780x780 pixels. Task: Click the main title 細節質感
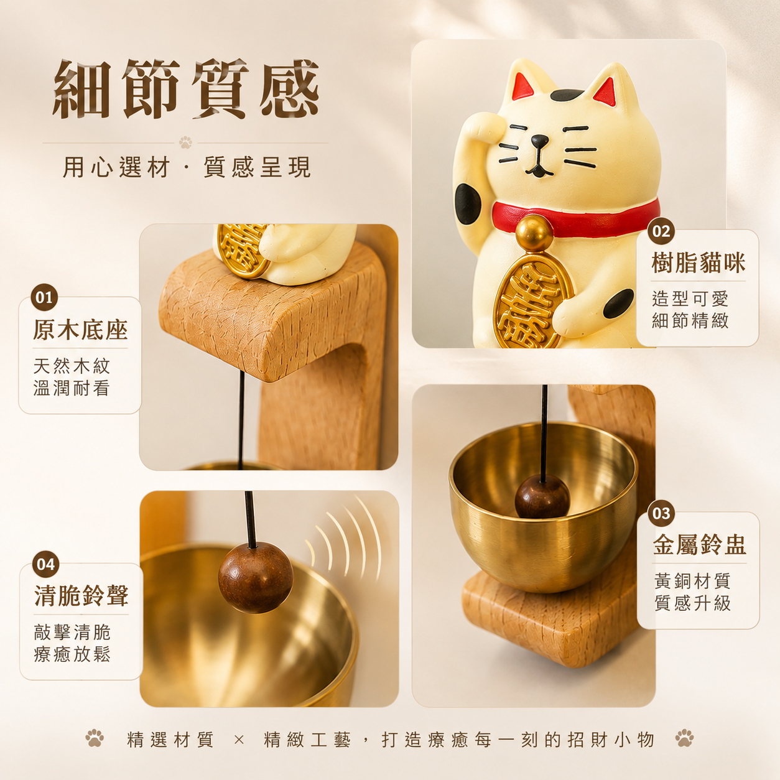(x=186, y=89)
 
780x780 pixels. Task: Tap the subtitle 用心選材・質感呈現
(x=187, y=167)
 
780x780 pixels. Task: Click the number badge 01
(x=44, y=297)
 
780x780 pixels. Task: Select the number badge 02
(x=661, y=231)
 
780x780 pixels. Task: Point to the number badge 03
(x=661, y=513)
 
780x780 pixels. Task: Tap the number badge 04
(x=46, y=564)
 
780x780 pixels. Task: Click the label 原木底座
(x=80, y=330)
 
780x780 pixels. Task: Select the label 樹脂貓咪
(x=699, y=262)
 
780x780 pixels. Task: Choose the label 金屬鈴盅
(x=700, y=545)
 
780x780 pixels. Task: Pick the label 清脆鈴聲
(x=81, y=596)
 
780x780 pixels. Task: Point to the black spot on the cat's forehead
(x=567, y=95)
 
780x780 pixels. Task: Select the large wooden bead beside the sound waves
(x=256, y=577)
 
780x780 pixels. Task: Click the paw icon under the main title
(x=186, y=142)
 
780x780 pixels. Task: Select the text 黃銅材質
(x=692, y=581)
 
